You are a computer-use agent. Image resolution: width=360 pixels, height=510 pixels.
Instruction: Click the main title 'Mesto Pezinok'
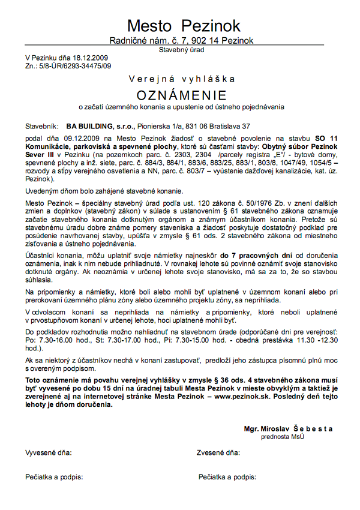pos(184,26)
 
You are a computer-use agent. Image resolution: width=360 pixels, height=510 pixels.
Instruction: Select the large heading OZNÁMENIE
pos(182,95)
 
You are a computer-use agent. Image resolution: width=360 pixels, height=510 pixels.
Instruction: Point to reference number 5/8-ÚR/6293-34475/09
pos(73,65)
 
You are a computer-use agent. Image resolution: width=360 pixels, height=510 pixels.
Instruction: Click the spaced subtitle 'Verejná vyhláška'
pos(182,79)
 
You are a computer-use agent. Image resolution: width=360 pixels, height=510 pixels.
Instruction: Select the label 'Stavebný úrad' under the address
pos(182,50)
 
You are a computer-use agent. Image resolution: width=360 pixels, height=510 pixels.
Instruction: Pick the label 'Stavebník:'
pos(42,127)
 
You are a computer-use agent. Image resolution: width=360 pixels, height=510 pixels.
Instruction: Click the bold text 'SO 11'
pos(326,138)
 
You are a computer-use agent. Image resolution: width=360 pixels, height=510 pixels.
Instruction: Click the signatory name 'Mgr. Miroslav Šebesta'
pos(288,429)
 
